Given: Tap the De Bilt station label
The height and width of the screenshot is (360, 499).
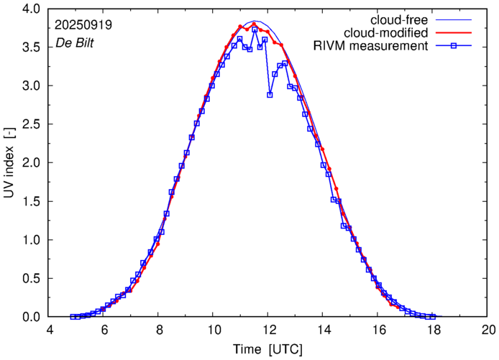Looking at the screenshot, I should click(75, 43).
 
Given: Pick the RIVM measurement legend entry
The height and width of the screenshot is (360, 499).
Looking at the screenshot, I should click(371, 47).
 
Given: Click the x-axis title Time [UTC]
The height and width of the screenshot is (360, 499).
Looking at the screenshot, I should click(268, 349).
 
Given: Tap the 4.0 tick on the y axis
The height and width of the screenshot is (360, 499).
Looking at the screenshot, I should click(31, 9).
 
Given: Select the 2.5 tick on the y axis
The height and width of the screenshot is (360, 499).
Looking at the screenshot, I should click(31, 124).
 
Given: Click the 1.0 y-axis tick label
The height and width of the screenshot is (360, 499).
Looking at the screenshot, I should click(31, 240).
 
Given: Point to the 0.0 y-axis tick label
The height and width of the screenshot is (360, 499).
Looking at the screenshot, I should click(31, 317).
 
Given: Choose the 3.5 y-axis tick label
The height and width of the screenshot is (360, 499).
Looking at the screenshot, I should click(31, 47).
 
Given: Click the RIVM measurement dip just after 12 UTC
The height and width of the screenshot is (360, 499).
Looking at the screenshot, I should click(270, 94).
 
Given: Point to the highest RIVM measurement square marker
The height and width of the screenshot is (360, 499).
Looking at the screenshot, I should click(255, 29).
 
